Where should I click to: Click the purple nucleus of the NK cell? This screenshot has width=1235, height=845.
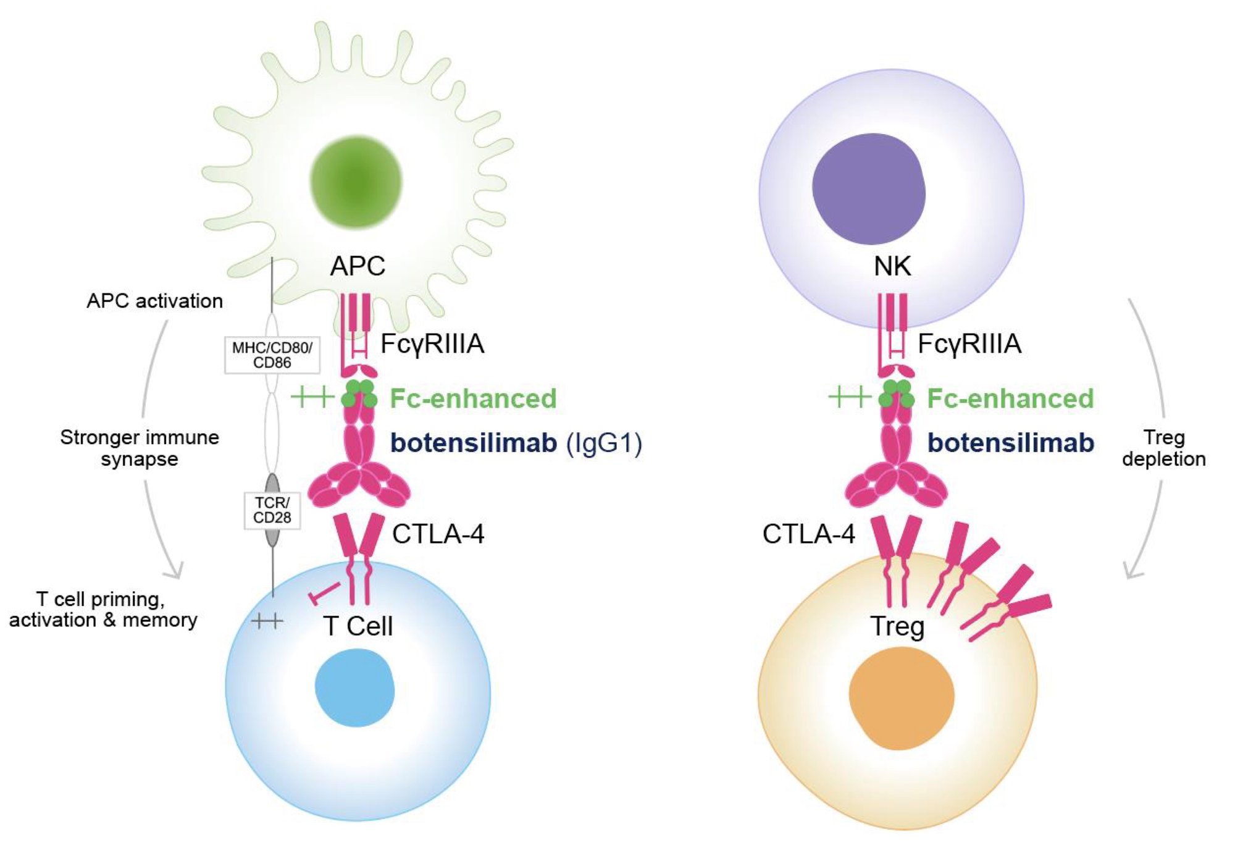(x=869, y=189)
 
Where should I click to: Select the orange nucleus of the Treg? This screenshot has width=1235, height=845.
(x=901, y=698)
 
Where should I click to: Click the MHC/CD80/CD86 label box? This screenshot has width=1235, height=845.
(x=272, y=355)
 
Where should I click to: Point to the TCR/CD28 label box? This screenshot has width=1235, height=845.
(x=272, y=510)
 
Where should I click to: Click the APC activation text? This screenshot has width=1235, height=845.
(x=154, y=301)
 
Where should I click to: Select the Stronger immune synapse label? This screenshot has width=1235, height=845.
(x=140, y=448)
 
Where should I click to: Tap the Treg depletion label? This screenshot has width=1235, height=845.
(x=1163, y=448)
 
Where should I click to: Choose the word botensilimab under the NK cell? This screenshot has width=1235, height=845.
(x=1010, y=443)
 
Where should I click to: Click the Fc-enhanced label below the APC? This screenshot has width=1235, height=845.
(x=473, y=398)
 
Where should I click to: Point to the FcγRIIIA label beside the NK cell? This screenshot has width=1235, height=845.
(x=969, y=343)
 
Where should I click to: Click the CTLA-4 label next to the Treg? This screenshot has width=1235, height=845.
(x=808, y=534)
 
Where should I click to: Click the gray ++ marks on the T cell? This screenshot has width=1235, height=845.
(x=267, y=620)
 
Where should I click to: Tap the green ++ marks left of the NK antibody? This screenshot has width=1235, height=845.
(x=849, y=396)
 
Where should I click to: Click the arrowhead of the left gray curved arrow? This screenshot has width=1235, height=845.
(x=175, y=571)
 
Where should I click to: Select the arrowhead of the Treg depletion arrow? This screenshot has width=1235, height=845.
(x=1132, y=571)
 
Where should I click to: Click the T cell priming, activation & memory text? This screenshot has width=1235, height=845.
(x=103, y=609)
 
